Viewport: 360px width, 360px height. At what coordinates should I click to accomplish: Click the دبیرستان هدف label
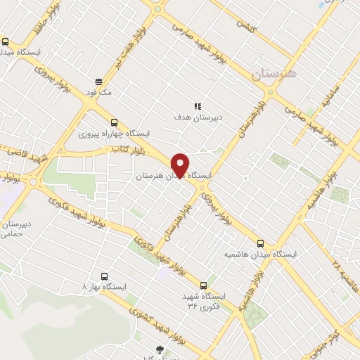click(198, 117)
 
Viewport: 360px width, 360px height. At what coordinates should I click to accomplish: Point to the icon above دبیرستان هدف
click(198, 106)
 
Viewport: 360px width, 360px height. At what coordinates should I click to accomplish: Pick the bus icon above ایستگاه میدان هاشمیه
click(261, 242)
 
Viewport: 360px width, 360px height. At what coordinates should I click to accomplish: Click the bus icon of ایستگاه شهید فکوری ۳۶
click(204, 285)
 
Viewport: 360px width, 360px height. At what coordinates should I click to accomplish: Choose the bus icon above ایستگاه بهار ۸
click(105, 276)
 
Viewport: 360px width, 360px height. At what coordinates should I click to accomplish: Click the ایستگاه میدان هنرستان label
click(163, 176)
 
